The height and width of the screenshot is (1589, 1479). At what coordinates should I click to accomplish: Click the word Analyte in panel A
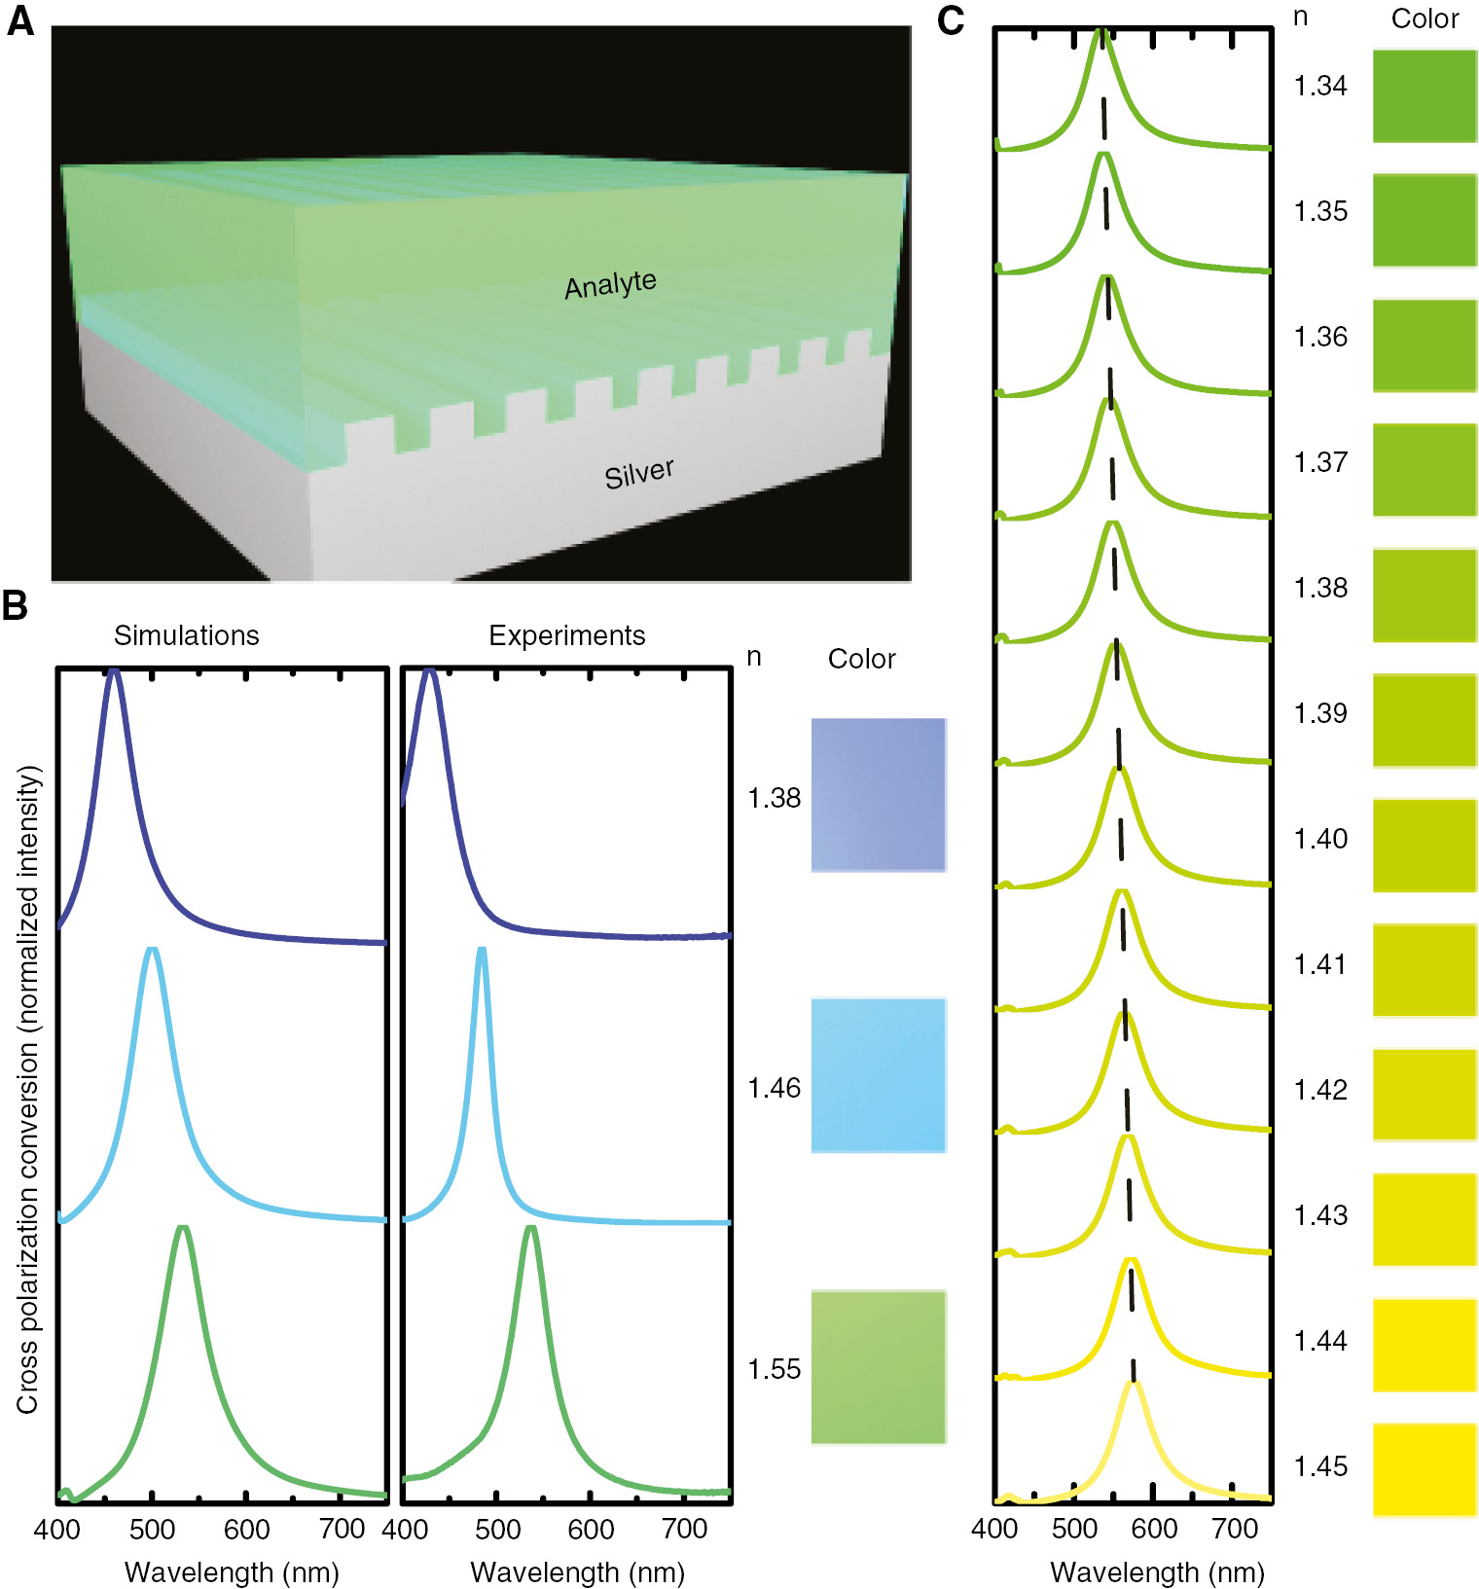(610, 284)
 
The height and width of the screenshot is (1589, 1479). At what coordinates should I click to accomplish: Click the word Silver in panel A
(638, 474)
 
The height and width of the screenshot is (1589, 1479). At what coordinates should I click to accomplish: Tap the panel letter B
(16, 605)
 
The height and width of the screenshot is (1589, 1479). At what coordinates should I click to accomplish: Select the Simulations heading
(186, 635)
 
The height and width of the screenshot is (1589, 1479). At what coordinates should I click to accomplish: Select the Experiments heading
(566, 635)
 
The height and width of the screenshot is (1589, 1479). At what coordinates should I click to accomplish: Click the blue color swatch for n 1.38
(878, 794)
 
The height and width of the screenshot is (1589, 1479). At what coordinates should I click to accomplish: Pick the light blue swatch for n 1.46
(878, 1074)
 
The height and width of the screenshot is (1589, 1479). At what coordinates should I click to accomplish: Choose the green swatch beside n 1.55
(878, 1366)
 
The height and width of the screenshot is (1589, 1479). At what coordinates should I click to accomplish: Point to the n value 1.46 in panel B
(774, 1088)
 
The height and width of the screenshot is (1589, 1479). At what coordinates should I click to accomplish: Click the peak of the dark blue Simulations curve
(114, 671)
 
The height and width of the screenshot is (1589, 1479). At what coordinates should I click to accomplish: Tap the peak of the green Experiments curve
(530, 1229)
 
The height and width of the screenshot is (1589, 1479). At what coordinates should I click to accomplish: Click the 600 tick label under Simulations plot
(246, 1530)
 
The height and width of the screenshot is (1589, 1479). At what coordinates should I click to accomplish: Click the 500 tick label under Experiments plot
(497, 1530)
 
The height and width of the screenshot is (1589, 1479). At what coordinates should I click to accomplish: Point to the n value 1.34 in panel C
(1319, 86)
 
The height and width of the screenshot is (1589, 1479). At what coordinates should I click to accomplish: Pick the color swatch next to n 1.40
(1424, 845)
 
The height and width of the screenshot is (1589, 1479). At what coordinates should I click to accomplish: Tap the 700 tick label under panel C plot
(1234, 1529)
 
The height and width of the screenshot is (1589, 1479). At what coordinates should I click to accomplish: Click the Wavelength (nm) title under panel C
(1157, 1571)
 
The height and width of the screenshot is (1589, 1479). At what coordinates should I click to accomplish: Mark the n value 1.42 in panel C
(1319, 1090)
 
